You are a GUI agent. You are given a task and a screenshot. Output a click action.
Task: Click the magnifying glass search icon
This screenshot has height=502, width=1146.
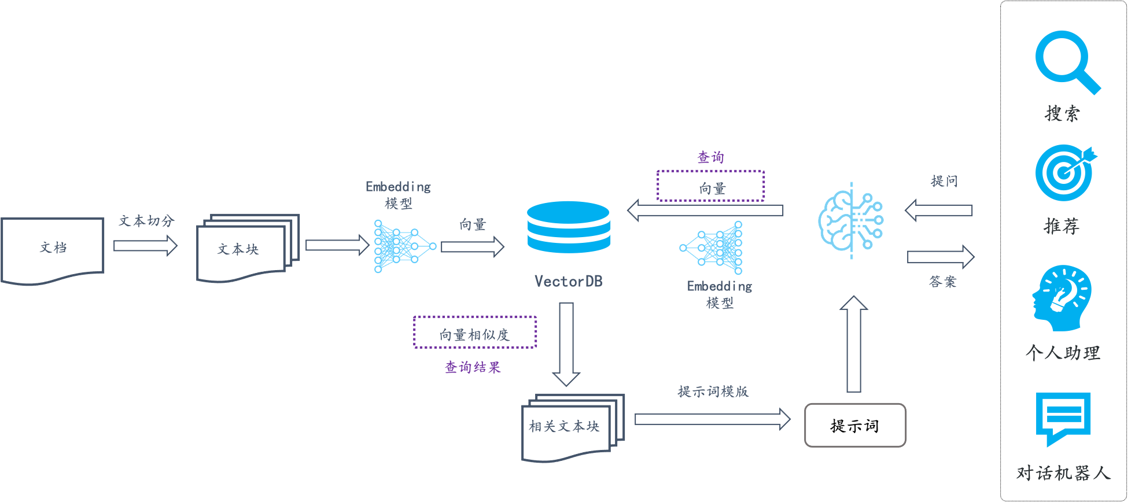tap(1066, 61)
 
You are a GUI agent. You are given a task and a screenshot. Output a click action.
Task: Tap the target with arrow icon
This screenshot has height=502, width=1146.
tap(1064, 172)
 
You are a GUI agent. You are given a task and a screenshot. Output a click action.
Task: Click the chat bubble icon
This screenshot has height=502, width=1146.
tap(1063, 418)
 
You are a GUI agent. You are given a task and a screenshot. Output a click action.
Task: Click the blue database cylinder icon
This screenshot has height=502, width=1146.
tap(568, 227)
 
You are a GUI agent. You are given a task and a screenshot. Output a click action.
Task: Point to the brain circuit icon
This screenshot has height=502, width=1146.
tap(850, 220)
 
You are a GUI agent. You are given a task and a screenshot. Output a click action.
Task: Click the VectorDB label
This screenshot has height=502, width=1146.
tap(568, 282)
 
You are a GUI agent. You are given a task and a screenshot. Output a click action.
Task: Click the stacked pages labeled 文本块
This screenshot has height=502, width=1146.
tap(248, 248)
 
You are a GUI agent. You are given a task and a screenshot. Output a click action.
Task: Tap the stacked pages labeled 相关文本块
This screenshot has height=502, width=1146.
tap(573, 427)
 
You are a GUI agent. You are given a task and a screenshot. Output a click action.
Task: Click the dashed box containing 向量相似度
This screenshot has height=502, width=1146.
tap(475, 332)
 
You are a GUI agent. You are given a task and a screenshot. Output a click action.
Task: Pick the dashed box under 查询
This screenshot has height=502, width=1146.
tap(711, 186)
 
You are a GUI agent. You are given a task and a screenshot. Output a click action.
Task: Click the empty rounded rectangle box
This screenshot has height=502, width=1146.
tap(855, 425)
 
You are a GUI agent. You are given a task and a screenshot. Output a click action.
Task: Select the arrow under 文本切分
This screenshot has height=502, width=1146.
tap(145, 246)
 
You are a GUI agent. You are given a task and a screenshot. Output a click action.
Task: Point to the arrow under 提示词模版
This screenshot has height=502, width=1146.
tap(712, 419)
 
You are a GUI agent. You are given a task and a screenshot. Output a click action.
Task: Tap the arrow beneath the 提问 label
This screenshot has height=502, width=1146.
tap(938, 210)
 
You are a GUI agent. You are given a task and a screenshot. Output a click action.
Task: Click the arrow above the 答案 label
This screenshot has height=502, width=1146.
tap(941, 257)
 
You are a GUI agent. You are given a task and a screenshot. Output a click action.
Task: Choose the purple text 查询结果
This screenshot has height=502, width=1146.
tap(473, 367)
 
